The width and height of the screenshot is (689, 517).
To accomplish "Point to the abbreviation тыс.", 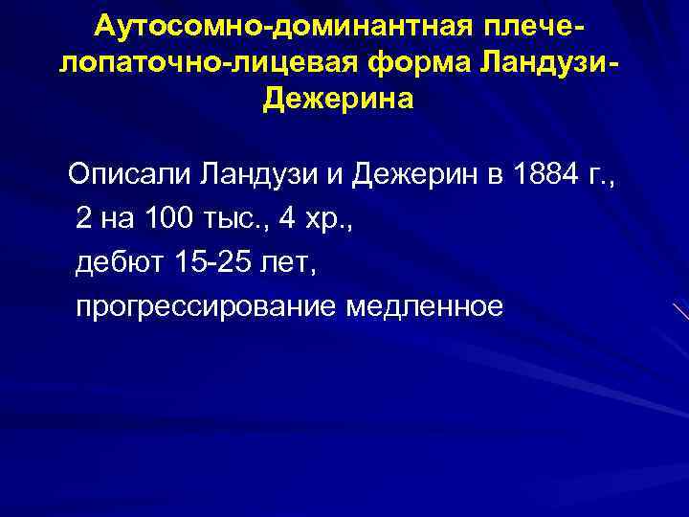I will (x=236, y=220).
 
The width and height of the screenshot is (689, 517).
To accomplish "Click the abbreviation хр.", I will (x=331, y=220).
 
